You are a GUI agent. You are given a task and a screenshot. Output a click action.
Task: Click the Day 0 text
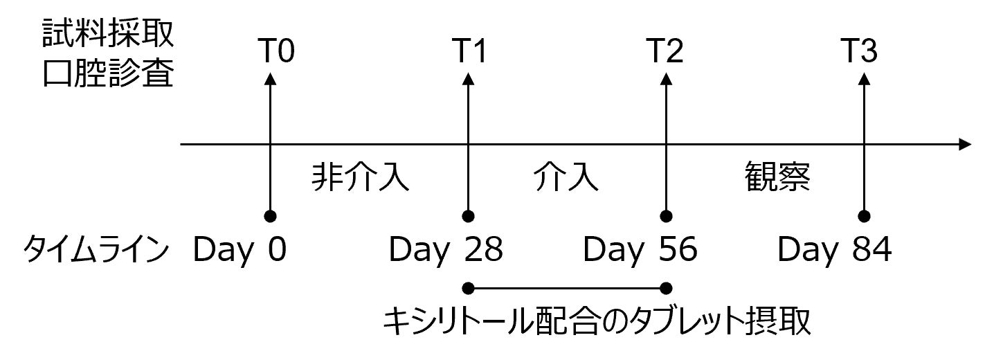pos(240,250)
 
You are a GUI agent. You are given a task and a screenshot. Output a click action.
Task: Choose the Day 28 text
pos(446,250)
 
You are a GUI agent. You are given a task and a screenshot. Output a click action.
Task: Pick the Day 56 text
pos(640,250)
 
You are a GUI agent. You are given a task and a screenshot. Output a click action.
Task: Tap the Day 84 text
pos(835,250)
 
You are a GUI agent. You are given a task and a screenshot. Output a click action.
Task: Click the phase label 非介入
pos(360,177)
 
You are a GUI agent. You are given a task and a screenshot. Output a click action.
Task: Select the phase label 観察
pos(777,177)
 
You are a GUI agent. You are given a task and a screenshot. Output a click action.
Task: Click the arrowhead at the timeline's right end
pos(964,145)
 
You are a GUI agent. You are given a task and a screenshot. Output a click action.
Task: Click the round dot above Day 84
pos(863,215)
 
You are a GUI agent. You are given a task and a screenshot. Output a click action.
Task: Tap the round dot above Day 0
pos(270,215)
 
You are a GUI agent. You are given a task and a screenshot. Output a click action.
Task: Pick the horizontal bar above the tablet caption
pos(568,287)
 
